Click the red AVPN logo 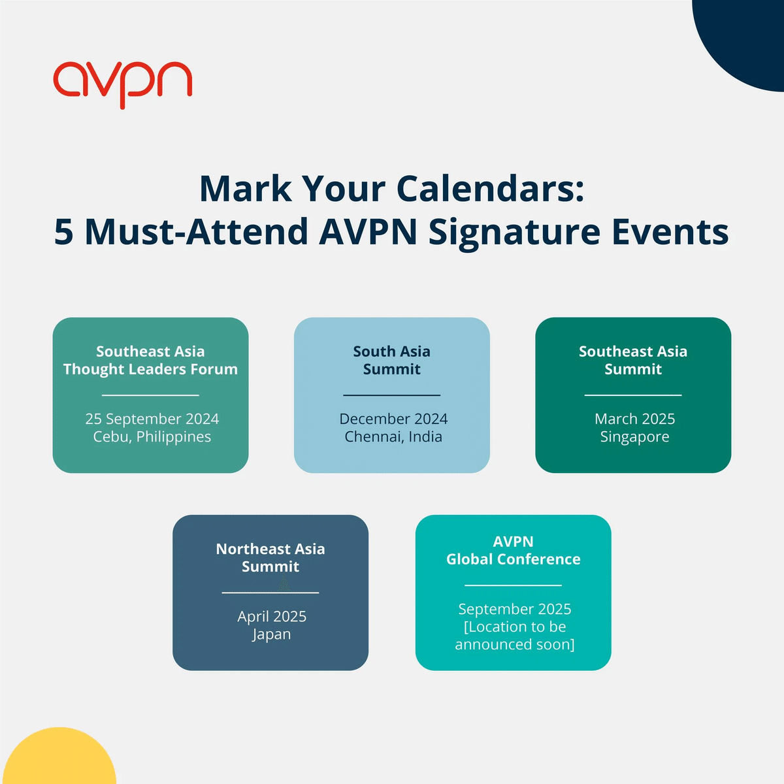click(x=122, y=83)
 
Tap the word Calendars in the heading click(x=489, y=189)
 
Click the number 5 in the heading click(x=63, y=232)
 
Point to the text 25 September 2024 click(x=152, y=419)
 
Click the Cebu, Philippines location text click(x=152, y=436)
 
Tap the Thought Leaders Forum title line click(x=150, y=369)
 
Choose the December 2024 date click(x=393, y=419)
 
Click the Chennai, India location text click(x=393, y=436)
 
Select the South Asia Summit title click(x=392, y=360)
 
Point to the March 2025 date click(x=634, y=419)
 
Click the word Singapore click(x=634, y=436)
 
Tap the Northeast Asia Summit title click(x=270, y=557)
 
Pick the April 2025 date click(x=272, y=616)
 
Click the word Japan click(x=272, y=634)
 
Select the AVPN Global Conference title click(x=514, y=550)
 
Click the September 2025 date click(x=514, y=609)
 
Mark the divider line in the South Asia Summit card click(x=392, y=395)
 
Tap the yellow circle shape click(x=62, y=761)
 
